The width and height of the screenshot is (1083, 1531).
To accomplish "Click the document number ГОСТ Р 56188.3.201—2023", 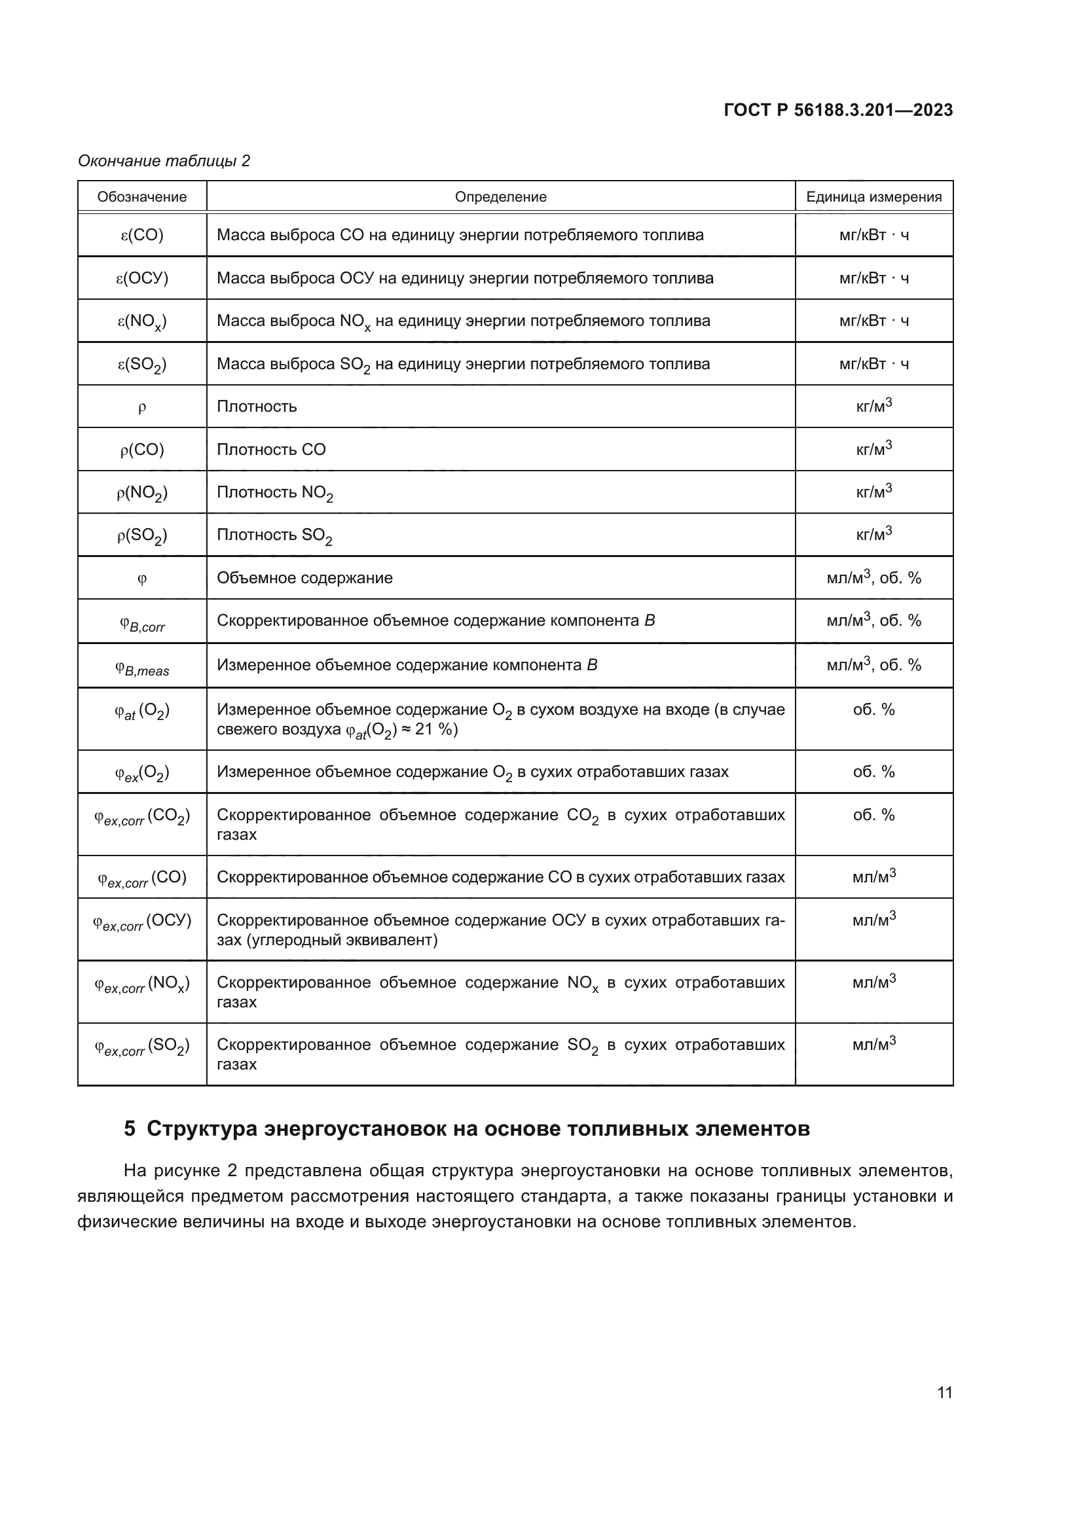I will tap(837, 111).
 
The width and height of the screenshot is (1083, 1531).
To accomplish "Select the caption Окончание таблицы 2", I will tap(164, 161).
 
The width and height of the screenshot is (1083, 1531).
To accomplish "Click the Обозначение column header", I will tap(142, 197).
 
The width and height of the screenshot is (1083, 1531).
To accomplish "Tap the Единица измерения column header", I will tap(873, 197).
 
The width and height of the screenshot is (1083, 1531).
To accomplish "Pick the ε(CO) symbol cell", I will tap(142, 235).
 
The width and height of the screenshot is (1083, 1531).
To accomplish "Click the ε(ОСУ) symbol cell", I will tap(142, 278).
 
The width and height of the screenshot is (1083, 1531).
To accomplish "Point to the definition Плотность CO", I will tap(272, 450).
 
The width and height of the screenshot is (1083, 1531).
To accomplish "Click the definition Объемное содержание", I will tap(304, 578).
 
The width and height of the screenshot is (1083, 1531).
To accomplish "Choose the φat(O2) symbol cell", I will tap(142, 712).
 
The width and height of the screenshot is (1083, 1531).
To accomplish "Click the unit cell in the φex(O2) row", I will tap(873, 772).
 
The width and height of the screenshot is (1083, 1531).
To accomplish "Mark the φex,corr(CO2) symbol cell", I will tap(142, 817).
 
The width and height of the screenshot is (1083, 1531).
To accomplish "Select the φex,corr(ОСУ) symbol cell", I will tap(142, 922).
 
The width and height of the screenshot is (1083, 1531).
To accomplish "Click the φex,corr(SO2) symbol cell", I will tap(142, 1047).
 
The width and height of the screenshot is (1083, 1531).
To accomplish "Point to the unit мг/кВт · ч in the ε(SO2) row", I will tap(873, 364).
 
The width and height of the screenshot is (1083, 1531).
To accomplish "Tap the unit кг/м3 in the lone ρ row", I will tap(873, 406).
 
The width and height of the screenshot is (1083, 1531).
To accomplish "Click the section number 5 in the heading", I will tap(130, 1129).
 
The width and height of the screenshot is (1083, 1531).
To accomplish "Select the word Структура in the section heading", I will tap(202, 1129).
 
